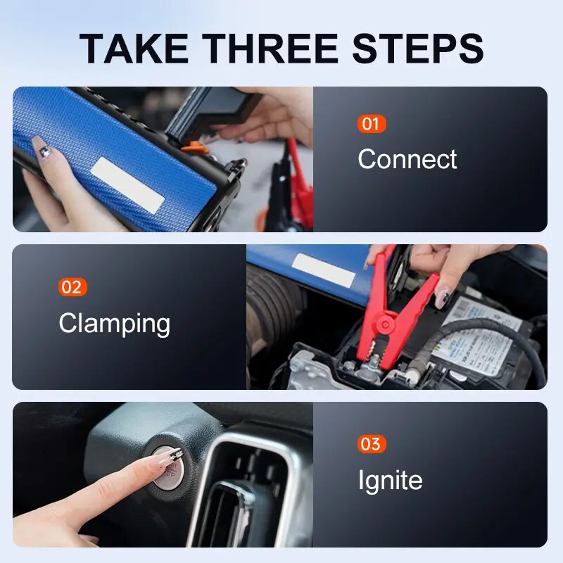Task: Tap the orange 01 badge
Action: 371,125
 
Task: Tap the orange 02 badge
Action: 72,287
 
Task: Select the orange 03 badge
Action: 371,444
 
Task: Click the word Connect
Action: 407,159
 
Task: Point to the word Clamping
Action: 114,324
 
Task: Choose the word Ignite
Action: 390,481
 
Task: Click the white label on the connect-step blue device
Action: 128,185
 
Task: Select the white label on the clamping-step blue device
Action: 324,270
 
